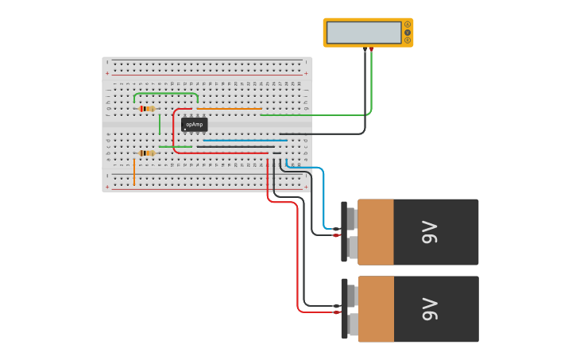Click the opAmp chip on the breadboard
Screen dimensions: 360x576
pos(194,124)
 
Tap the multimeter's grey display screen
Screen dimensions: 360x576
pos(364,33)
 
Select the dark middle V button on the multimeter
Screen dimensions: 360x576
pos(408,33)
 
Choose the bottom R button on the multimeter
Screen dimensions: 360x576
pos(408,40)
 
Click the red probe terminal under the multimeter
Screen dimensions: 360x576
pos(371,49)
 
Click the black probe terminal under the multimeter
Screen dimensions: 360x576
pos(365,49)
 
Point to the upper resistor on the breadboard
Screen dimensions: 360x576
pos(146,109)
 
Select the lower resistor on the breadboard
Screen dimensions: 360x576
pos(146,153)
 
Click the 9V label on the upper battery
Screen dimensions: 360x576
pos(430,232)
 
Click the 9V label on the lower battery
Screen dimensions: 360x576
pos(430,309)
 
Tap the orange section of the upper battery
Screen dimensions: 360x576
pos(376,232)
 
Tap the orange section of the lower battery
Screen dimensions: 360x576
pos(376,309)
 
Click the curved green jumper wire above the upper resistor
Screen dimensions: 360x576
pos(165,94)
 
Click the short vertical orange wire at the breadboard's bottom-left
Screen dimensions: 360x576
pos(134,171)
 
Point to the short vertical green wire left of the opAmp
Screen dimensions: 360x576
pos(160,124)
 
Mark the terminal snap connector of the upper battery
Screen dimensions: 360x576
pos(345,232)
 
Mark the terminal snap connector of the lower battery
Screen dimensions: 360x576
pos(345,309)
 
